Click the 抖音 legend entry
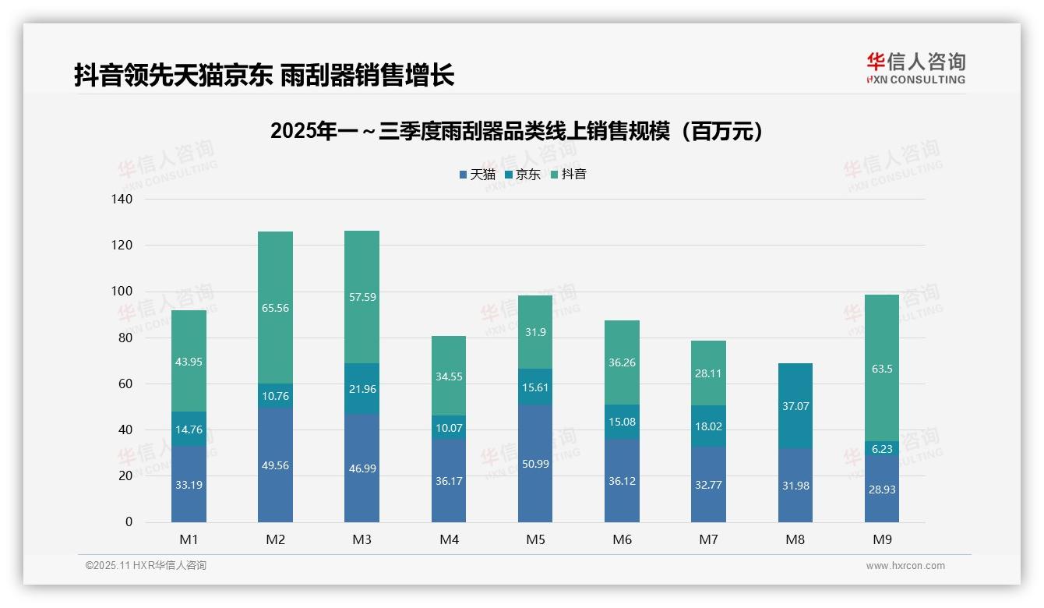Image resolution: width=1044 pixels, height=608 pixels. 568,175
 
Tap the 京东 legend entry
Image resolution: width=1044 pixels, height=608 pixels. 523,175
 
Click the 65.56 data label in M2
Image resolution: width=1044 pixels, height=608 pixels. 276,308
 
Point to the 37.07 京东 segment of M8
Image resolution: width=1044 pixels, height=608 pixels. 795,406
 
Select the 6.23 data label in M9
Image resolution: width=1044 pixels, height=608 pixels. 881,449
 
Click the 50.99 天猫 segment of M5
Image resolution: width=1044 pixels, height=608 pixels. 534,464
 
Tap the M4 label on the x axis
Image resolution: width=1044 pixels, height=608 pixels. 449,539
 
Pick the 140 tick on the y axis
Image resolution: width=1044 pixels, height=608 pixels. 122,200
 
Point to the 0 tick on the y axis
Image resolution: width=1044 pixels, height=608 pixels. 129,522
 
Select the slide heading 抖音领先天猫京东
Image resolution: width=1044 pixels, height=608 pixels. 264,76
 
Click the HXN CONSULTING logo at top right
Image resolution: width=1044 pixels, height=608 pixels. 915,69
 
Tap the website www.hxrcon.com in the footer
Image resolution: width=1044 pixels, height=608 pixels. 905,566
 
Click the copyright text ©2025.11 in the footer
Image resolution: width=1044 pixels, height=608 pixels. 146,566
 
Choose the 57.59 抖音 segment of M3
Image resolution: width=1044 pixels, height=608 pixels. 362,297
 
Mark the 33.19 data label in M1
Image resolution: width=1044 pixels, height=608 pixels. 189,484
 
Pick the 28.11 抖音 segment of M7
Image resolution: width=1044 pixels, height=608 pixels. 708,373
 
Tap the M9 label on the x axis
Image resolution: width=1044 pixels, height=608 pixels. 881,539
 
